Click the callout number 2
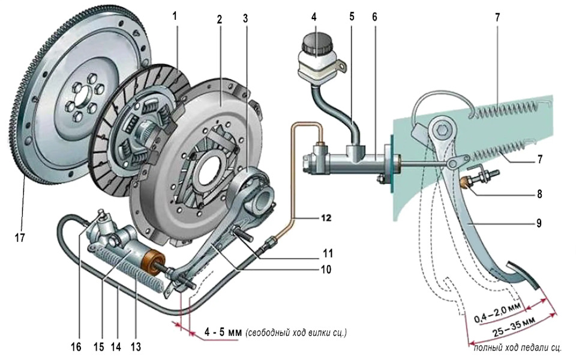click(x=220, y=19)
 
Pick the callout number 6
click(x=375, y=18)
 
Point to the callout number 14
click(x=115, y=347)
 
